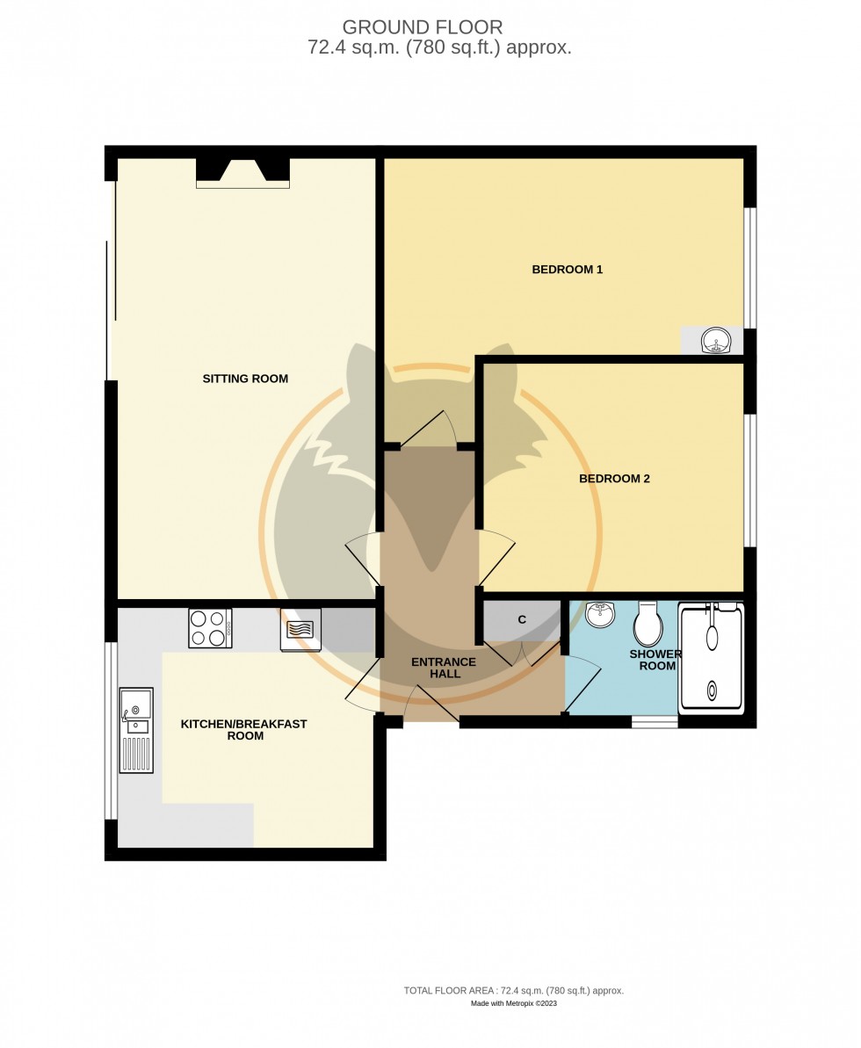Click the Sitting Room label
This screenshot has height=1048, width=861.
(245, 379)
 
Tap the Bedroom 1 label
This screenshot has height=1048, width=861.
(567, 270)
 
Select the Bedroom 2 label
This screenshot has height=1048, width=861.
(614, 479)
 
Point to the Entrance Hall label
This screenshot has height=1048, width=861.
(444, 668)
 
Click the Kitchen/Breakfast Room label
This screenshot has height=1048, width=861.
(244, 730)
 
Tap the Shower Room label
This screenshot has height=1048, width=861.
(655, 660)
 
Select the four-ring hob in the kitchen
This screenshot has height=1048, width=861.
(210, 628)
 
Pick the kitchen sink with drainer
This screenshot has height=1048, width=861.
(136, 731)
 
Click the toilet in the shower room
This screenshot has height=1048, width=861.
(648, 622)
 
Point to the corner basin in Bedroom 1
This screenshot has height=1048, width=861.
(716, 341)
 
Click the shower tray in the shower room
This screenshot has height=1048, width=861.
(712, 658)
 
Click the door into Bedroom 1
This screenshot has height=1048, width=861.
(429, 428)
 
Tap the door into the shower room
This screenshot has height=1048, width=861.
(582, 682)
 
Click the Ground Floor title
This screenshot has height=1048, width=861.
(423, 27)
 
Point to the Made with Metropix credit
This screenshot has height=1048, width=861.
(513, 1003)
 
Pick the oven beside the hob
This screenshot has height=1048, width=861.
(300, 630)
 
